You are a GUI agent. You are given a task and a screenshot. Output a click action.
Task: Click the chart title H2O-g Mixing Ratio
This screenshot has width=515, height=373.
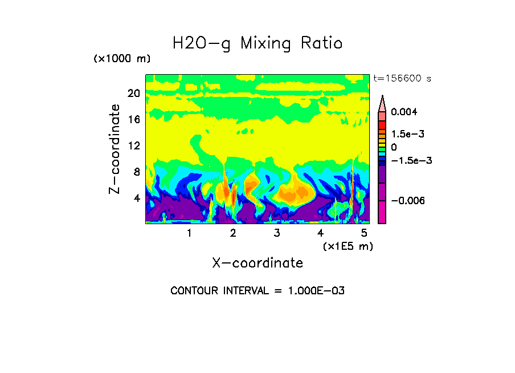click(x=257, y=43)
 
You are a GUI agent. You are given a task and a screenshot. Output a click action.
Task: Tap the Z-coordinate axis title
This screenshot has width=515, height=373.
click(x=115, y=149)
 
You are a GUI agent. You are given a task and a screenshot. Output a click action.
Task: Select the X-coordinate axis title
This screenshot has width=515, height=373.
click(x=257, y=263)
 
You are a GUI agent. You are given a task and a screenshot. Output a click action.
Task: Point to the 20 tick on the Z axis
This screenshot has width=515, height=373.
click(x=133, y=94)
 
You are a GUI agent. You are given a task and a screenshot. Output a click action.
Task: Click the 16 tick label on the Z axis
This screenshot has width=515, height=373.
click(x=133, y=120)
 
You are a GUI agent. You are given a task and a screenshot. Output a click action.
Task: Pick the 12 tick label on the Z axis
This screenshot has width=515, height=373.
click(x=133, y=146)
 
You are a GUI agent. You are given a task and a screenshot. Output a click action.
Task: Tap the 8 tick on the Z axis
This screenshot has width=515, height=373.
click(x=136, y=172)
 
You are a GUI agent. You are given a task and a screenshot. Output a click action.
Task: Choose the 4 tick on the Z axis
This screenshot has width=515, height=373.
click(x=136, y=198)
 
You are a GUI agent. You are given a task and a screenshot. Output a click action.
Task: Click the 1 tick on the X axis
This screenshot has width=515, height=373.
click(x=189, y=233)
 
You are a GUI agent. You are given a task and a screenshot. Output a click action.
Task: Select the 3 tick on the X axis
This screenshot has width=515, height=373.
click(x=277, y=233)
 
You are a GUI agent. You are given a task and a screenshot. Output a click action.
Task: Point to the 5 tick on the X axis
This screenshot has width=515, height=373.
click(x=364, y=233)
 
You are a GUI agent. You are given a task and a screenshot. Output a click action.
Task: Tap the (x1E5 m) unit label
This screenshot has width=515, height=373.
click(x=348, y=246)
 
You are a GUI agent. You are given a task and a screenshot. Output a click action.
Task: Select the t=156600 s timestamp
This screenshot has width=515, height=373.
click(x=402, y=79)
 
